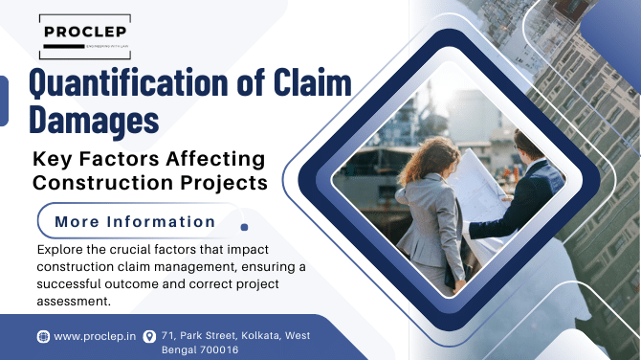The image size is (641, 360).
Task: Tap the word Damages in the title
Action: tap(92, 119)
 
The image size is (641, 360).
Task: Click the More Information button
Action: tap(135, 221)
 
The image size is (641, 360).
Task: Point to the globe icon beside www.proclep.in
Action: tap(43, 336)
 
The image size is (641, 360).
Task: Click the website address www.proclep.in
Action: tap(93, 336)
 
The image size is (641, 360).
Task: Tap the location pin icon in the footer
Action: tap(149, 336)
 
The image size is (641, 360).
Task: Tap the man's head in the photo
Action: tap(527, 145)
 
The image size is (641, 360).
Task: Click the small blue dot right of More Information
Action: tap(244, 228)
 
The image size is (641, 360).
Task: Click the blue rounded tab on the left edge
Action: tap(4, 101)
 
